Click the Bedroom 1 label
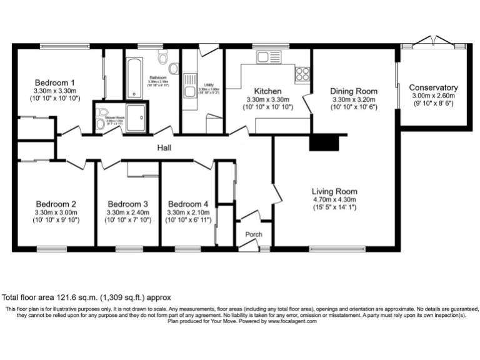point(54,82)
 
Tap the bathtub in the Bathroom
point(134,79)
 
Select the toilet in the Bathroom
point(164,59)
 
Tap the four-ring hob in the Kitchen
point(302,74)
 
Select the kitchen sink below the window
point(261,58)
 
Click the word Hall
point(164,148)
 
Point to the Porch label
point(254,235)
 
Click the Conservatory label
point(433,87)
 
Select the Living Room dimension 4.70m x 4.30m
point(334,199)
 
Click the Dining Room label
point(354,91)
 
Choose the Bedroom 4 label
point(188,204)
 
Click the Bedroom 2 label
point(56,204)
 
